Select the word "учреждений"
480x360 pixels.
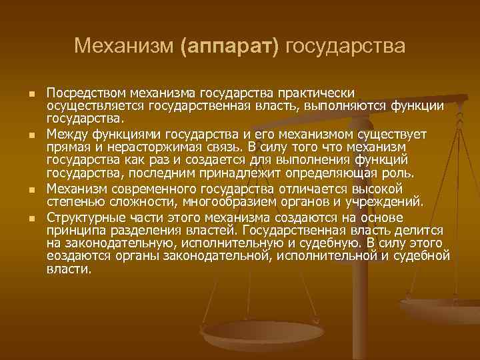pyautogui.click(x=383, y=201)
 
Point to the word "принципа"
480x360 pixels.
pyautogui.click(x=75, y=231)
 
